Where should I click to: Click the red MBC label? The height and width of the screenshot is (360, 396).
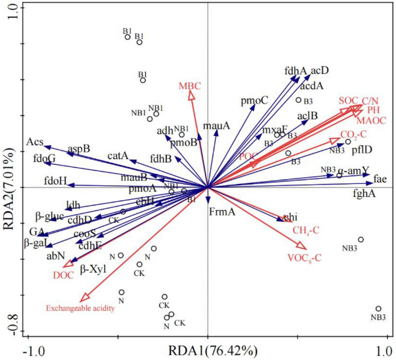pos(190,86)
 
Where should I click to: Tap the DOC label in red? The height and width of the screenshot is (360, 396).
pos(64,275)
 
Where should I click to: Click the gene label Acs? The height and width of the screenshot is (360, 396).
pos(35,142)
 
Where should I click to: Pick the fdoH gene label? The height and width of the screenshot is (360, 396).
pos(57,181)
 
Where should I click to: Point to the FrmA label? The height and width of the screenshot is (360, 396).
pos(223,212)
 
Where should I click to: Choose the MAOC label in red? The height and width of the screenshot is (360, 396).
pos(369,120)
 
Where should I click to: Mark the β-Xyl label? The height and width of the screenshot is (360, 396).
pos(94,269)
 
